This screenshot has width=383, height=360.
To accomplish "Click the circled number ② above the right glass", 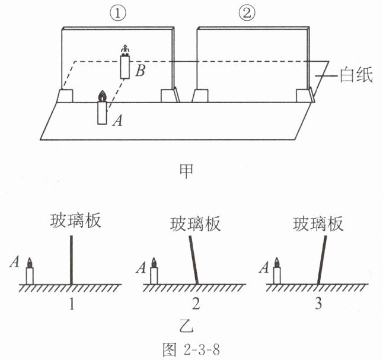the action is pos(247,13).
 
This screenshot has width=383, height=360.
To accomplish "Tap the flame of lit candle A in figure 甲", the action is pos(102,96).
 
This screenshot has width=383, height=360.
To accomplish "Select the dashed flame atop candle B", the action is pos(125,50).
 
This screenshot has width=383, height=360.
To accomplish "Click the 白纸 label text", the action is pos(356,75).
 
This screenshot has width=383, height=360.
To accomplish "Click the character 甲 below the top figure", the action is pos(186,171).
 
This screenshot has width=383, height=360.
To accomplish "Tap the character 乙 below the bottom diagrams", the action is pos(186,326).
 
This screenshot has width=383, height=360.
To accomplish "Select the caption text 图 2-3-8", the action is pos(191,349).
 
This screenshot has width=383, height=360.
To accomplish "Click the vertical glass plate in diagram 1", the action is pos(71,260).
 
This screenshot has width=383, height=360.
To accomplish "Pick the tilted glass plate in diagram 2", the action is pos(194,260).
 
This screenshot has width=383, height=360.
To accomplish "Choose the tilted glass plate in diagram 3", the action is pos(322,260).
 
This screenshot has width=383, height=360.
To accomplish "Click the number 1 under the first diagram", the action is pos(72,304).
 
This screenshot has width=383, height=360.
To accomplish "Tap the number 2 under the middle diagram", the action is pos(196,304).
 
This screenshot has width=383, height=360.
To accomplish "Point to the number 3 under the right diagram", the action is pos(318,304).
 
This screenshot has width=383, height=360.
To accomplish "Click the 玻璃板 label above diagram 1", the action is pos(75,221).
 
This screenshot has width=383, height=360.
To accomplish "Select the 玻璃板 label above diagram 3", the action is pos(318,224).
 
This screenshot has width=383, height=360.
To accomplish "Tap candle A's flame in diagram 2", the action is pos(154,262).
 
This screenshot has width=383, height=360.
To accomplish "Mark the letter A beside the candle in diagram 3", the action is pos(264,267).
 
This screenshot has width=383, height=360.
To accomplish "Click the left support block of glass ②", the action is pos(200,96).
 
